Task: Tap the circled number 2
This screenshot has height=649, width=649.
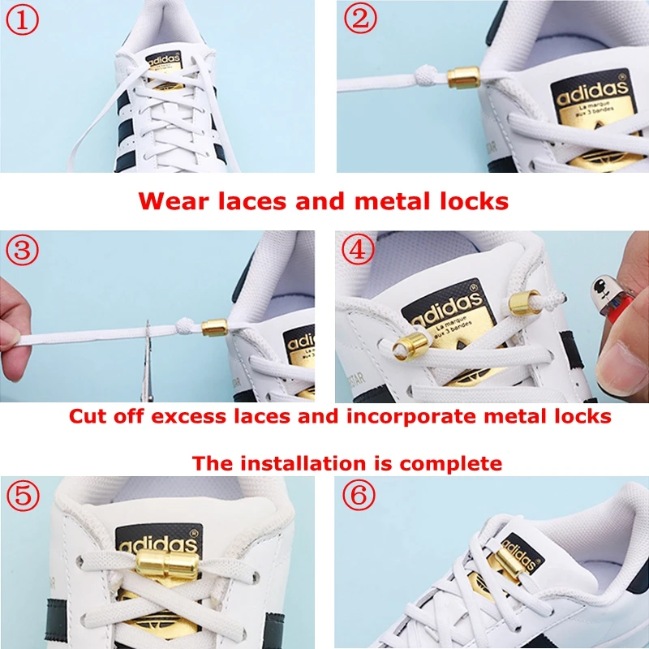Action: pos(360,20)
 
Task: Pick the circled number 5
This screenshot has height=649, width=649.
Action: pos(23,496)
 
